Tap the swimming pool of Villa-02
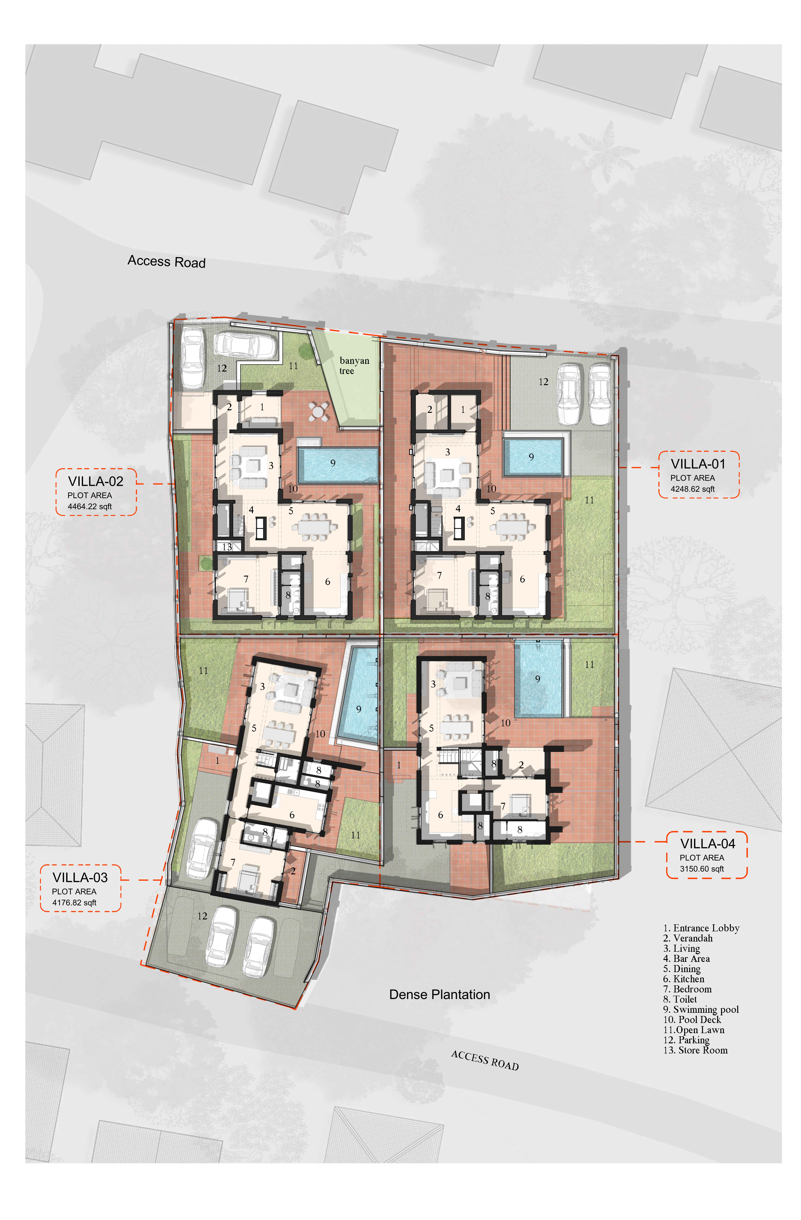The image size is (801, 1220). coord(338,465)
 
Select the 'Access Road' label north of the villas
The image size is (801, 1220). coord(166,261)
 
